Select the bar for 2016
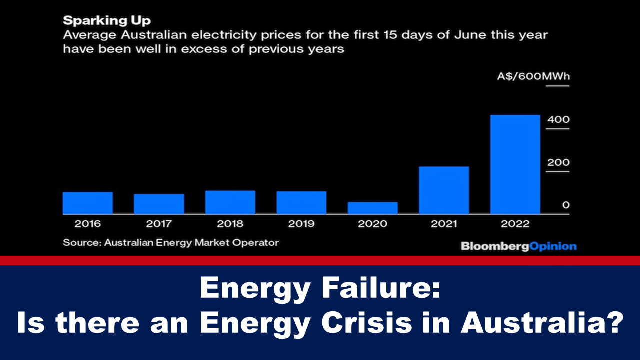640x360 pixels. tap(88, 203)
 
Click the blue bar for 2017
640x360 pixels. tap(159, 204)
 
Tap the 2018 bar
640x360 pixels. tap(230, 202)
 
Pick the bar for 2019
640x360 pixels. tap(301, 202)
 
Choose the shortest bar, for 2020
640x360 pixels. tap(373, 208)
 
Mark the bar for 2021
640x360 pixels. tap(444, 190)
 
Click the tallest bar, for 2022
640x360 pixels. tap(515, 164)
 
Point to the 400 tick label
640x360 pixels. tap(558, 120)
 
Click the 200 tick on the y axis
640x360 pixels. tap(558, 163)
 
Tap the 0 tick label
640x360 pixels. tap(565, 205)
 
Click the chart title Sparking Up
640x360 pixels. tap(107, 21)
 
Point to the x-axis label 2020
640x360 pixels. tap(373, 224)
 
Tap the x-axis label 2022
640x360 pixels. tap(515, 224)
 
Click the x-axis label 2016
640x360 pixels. tap(88, 224)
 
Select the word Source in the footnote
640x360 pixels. tap(79, 243)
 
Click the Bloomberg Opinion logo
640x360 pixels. tap(518, 246)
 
